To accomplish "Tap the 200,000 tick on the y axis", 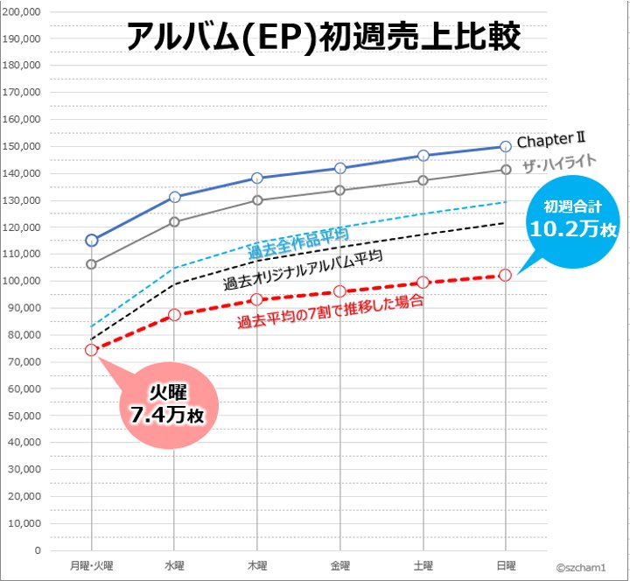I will tap(24, 11).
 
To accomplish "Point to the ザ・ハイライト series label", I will tap(559, 163).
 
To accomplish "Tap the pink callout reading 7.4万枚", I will tap(167, 404).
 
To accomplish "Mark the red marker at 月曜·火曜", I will tap(91, 350).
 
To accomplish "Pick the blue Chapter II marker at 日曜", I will tap(505, 146).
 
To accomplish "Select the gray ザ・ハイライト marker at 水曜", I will tap(174, 221).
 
